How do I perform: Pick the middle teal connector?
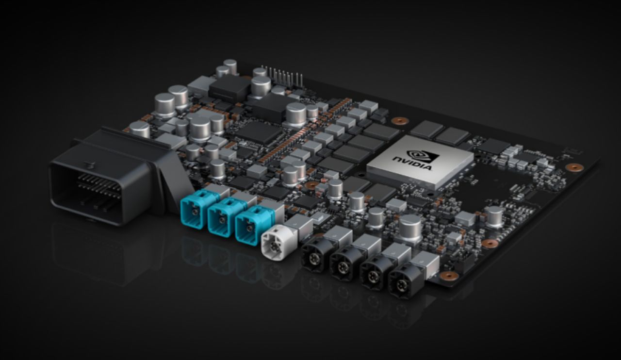click(221, 218)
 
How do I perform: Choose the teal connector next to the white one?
click(249, 225)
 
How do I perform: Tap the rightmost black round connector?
click(402, 281)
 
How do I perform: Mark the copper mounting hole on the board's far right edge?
click(574, 167)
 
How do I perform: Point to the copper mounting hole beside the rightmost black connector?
click(449, 276)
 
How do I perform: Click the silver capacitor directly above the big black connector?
click(139, 129)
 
